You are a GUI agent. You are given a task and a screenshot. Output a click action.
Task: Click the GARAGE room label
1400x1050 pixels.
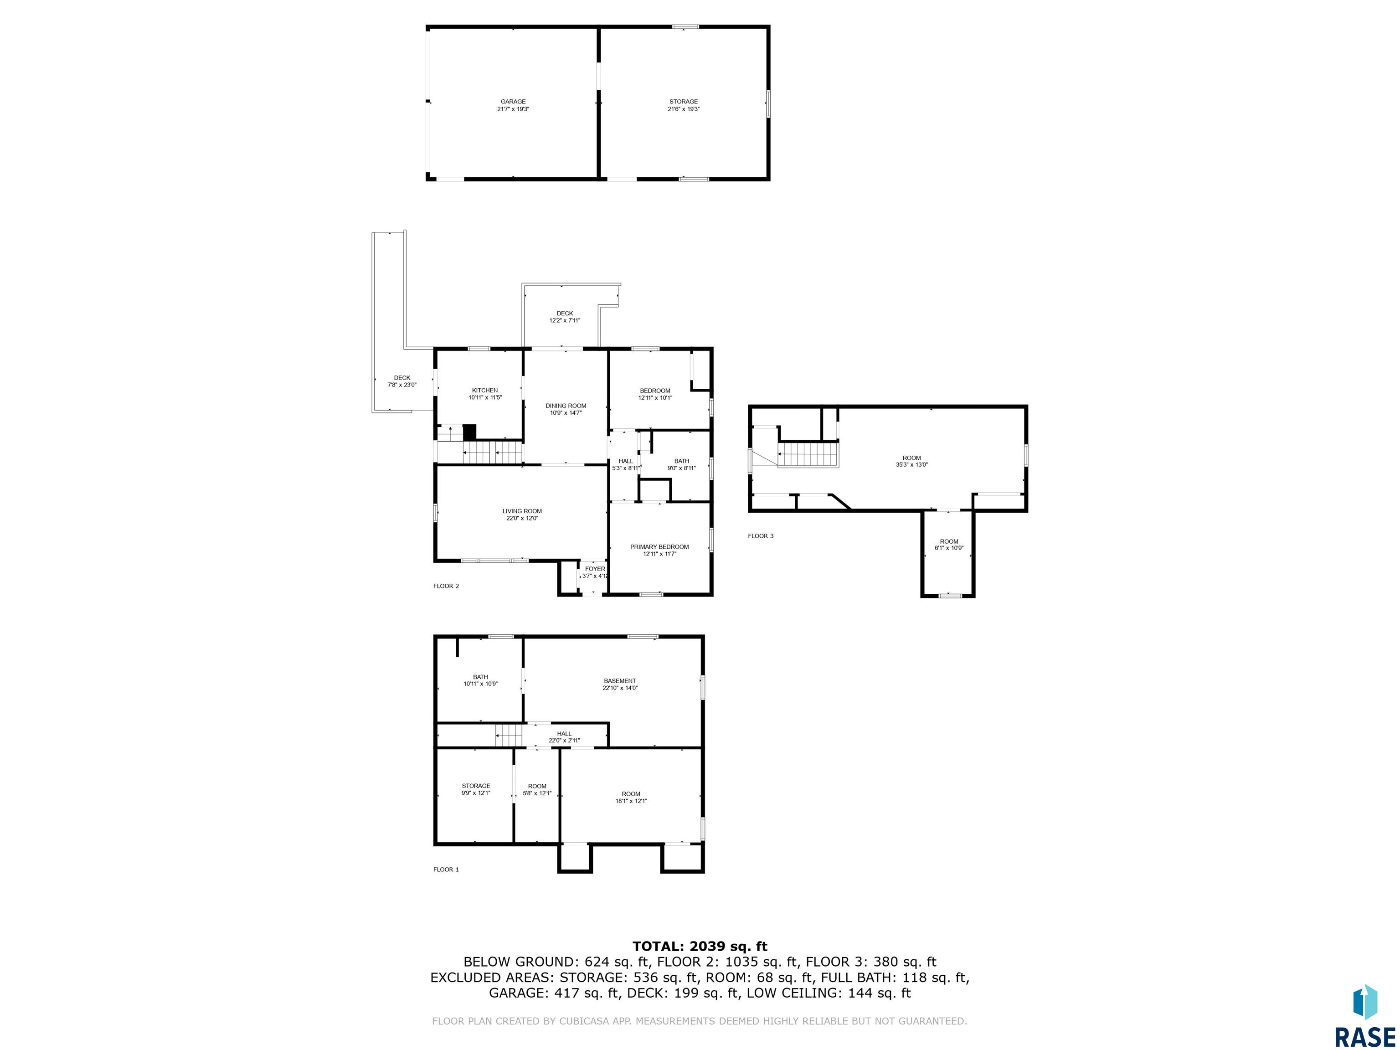[513, 101]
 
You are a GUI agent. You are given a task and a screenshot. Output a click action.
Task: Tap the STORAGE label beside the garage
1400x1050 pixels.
[684, 101]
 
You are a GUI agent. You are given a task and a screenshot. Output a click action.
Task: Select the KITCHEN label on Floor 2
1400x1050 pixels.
[485, 390]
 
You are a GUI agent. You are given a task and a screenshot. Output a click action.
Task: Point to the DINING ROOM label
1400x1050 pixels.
[566, 406]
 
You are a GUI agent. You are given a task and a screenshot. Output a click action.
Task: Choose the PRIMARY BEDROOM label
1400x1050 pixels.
[659, 547]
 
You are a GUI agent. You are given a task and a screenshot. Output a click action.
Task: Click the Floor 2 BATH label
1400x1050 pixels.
[682, 461]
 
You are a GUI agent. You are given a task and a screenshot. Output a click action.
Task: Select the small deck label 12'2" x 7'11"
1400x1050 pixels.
[565, 320]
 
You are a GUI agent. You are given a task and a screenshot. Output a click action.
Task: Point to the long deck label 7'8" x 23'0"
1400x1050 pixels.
[402, 385]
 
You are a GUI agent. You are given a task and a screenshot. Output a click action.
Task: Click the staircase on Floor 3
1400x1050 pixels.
[808, 454]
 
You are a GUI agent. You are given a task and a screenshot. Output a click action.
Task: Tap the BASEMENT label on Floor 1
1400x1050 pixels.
[620, 681]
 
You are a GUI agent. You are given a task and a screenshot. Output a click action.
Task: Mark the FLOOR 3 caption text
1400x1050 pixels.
[761, 536]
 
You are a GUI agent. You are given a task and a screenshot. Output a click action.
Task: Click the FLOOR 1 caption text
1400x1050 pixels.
[446, 870]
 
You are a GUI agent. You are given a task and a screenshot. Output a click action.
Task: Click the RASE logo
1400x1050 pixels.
[1364, 1016]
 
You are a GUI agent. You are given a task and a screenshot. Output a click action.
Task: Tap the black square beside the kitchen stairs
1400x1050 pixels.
[469, 432]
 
